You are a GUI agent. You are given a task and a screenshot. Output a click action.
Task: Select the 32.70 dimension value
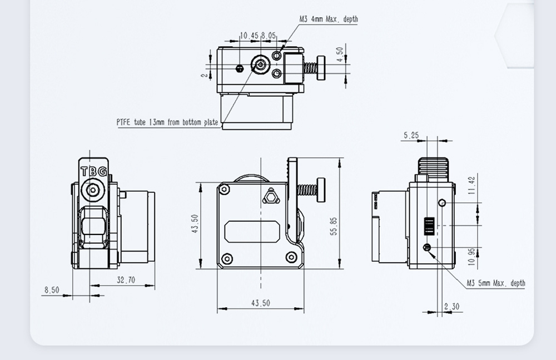pos(126,280)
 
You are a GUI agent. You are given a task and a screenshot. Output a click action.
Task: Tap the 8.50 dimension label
pos(51,289)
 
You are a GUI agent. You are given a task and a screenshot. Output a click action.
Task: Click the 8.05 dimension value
pos(269,36)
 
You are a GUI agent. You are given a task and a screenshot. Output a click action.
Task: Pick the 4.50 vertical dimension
pos(340,54)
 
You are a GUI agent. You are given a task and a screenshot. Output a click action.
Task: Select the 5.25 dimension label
pos(411,135)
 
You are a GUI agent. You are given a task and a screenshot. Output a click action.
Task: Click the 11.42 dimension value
pos(472,186)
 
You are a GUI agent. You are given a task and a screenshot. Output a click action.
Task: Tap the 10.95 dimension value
pos(472,257)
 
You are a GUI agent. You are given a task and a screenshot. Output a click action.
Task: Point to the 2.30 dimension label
pos(452,306)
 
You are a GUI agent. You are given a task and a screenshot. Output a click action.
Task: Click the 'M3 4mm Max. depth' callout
pos(329,19)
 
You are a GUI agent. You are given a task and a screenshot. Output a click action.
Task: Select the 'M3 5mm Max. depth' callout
pos(496,283)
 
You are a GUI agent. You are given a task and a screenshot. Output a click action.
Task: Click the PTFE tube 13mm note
pos(167,122)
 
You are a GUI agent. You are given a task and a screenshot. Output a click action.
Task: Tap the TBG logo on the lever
pos(93,172)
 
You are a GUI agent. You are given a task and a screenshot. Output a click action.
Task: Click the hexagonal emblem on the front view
pos(270,196)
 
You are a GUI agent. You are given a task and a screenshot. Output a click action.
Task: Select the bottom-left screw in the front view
pos(226,258)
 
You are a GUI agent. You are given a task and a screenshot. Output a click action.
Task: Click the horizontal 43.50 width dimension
pos(260,303)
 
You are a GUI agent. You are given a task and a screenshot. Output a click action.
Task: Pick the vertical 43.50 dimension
pos(195,224)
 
